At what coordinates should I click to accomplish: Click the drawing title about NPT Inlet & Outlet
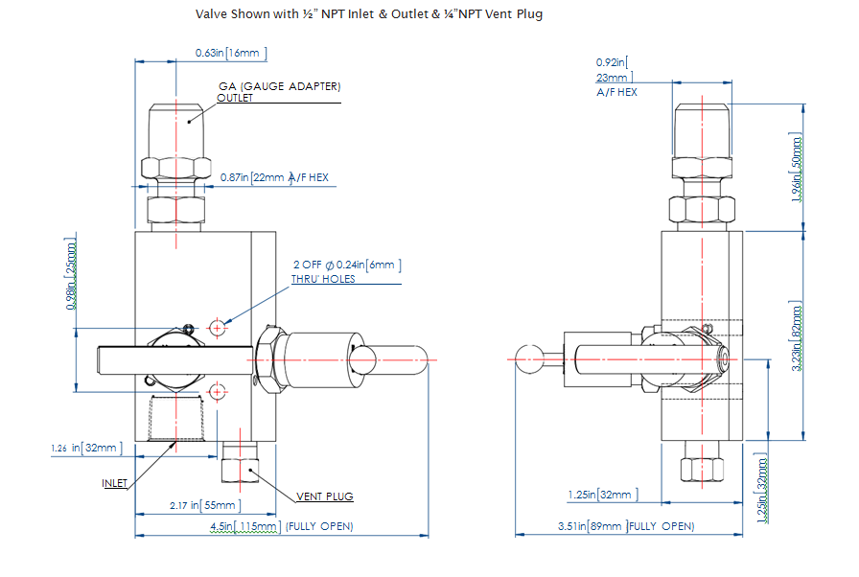pyautogui.click(x=369, y=14)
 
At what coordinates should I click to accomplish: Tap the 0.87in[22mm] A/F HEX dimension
pyautogui.click(x=274, y=177)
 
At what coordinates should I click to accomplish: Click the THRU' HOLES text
pyautogui.click(x=323, y=279)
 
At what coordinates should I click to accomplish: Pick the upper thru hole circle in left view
pyautogui.click(x=218, y=328)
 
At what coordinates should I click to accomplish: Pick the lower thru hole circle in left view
pyautogui.click(x=218, y=390)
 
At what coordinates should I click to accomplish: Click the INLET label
pyautogui.click(x=114, y=484)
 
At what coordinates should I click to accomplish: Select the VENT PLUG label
pyautogui.click(x=324, y=496)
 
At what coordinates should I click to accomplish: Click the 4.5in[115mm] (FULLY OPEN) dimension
pyautogui.click(x=281, y=526)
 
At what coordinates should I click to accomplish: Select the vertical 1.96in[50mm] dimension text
pyautogui.click(x=795, y=168)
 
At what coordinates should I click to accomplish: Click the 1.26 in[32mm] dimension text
pyautogui.click(x=86, y=448)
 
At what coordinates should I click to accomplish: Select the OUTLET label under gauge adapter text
pyautogui.click(x=235, y=99)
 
